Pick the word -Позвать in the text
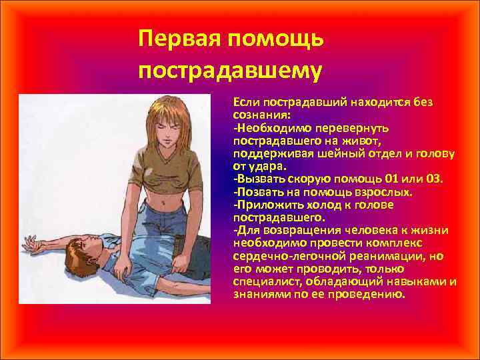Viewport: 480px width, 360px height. click(x=256, y=191)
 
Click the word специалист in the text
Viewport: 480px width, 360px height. click(x=261, y=281)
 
